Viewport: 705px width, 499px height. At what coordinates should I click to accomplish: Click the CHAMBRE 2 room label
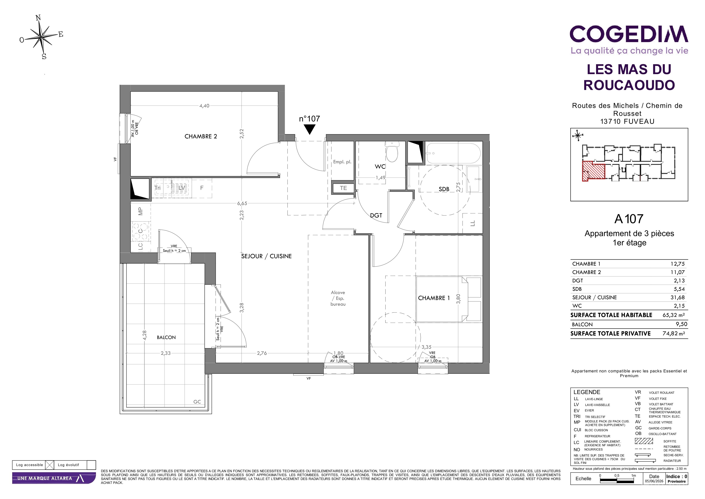pos(201,136)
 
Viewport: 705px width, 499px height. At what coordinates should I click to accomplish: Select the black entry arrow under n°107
pos(310,129)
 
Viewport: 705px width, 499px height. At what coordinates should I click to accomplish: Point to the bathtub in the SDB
pos(453,153)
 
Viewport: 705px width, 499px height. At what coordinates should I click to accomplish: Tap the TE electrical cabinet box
pos(343,188)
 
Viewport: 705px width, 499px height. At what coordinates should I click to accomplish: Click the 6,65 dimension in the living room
pos(242,203)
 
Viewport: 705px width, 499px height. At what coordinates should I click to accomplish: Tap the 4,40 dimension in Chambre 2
pos(204,106)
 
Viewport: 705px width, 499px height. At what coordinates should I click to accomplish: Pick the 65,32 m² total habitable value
pos(674,315)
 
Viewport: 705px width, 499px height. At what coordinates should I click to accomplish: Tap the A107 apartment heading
pos(629,219)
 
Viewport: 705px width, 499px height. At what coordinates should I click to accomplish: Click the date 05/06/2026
pos(654,481)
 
